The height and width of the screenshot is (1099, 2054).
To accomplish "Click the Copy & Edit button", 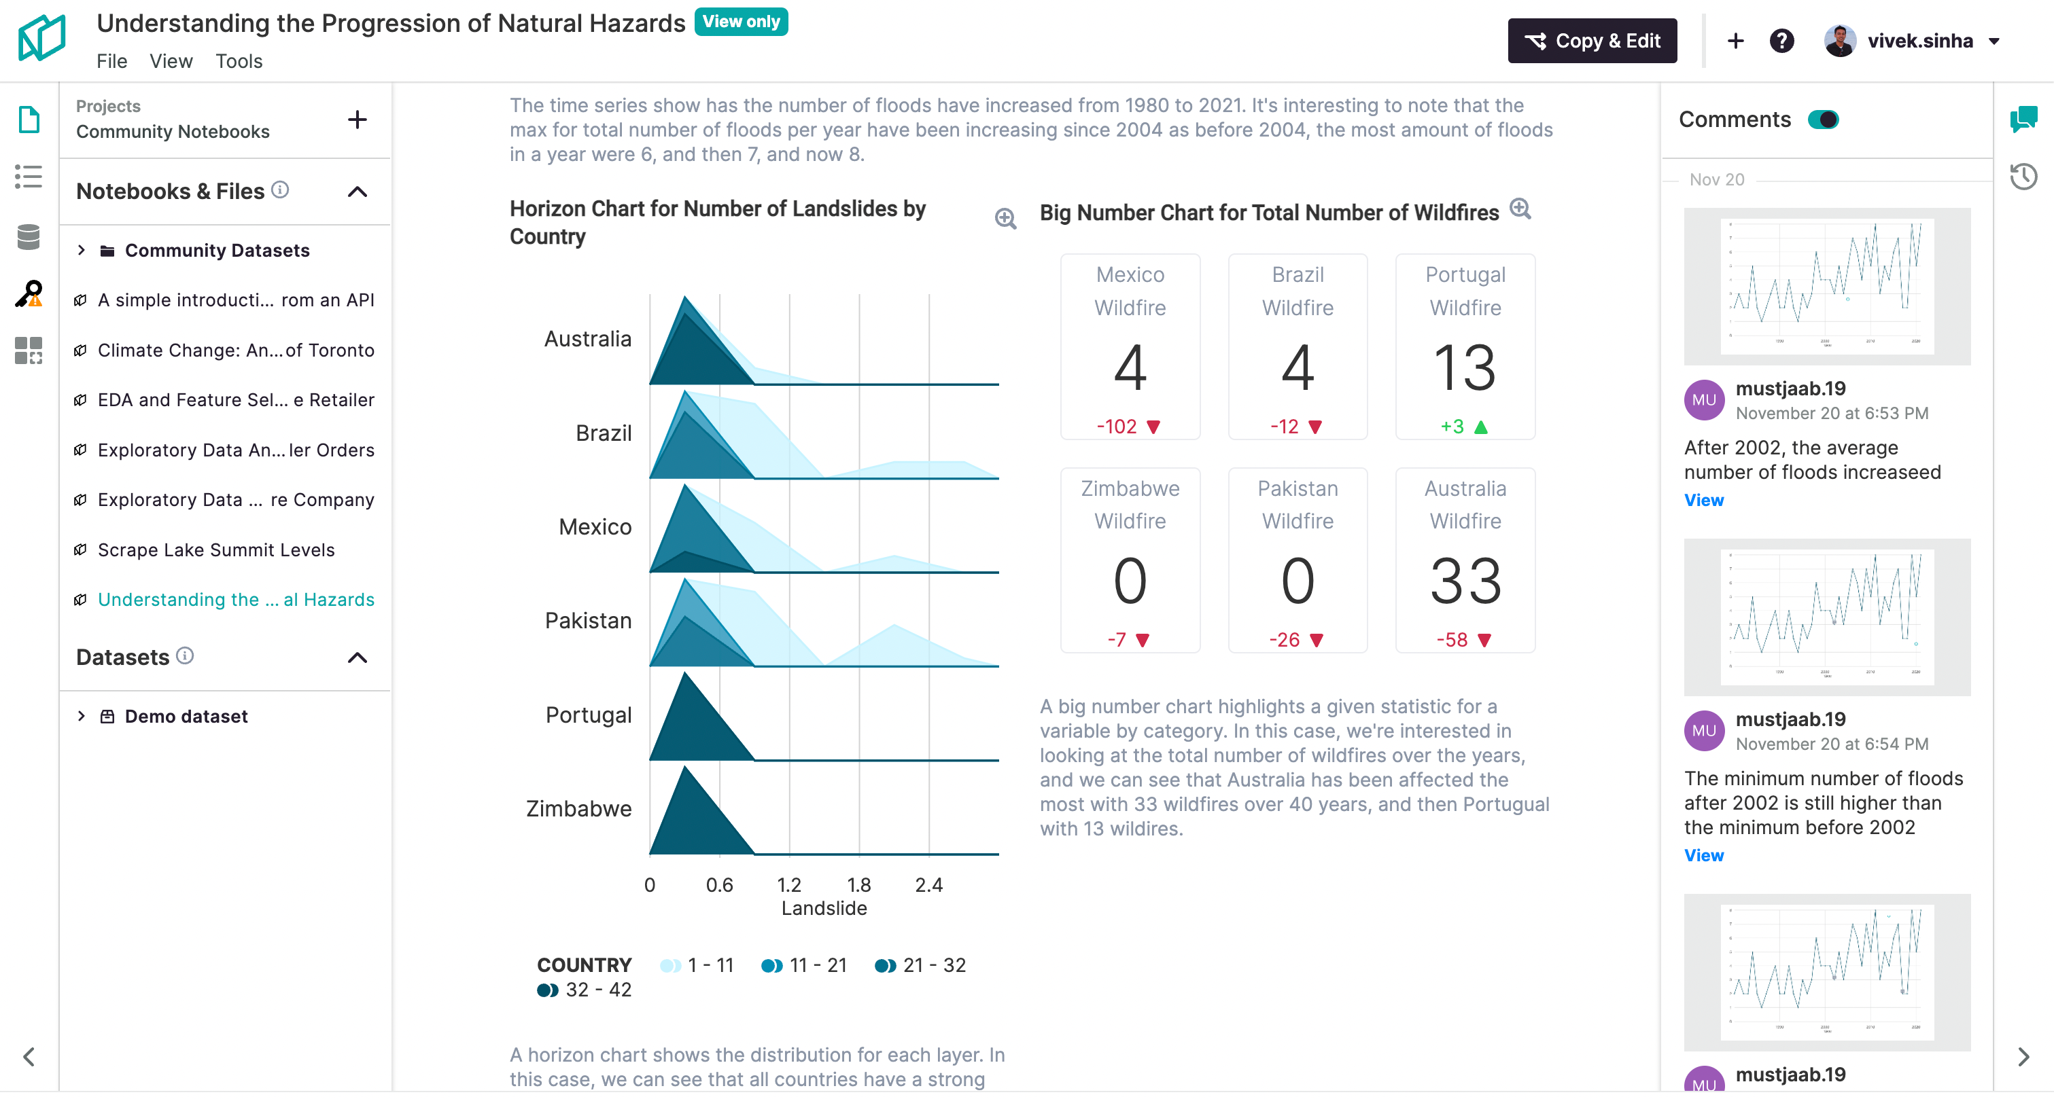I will pos(1592,41).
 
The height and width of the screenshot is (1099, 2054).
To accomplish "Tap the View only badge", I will pos(741,22).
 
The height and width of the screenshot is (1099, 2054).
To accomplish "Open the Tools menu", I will pos(239,61).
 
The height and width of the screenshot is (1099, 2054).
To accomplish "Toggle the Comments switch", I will pos(1823,120).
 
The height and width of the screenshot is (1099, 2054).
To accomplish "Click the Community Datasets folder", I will pos(217,250).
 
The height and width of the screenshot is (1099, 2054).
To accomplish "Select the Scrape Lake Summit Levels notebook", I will pos(216,550).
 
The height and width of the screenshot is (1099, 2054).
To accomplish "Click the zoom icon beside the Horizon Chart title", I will pos(1005,218).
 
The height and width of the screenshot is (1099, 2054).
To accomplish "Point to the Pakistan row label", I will pos(588,621).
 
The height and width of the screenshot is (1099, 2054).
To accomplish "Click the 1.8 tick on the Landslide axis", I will pos(858,884).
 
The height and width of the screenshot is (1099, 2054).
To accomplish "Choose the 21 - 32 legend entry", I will pos(921,965).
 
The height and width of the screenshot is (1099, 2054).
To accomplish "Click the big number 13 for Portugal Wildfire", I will pos(1465,367).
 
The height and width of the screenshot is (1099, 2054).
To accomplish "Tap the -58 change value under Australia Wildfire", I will pos(1452,640).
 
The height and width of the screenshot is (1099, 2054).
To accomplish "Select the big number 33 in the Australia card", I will pos(1465,581).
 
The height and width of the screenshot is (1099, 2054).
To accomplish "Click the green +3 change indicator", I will pos(1452,427).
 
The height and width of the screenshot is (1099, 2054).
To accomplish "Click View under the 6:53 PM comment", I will pos(1703,501).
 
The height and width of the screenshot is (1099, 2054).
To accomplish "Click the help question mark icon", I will pos(1781,41).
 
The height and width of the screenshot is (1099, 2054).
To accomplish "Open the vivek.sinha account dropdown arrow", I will pos(1994,41).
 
